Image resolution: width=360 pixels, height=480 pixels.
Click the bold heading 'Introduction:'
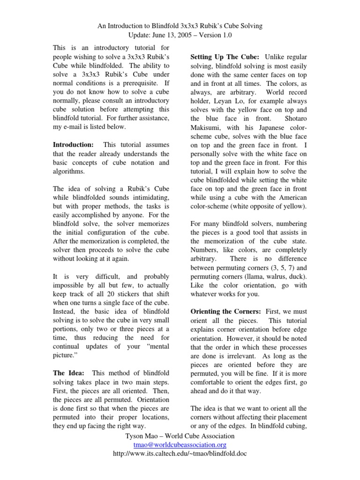click(x=74, y=145)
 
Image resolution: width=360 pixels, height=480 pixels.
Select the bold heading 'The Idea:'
click(x=69, y=373)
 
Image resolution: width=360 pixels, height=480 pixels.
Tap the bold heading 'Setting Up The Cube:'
click(x=222, y=57)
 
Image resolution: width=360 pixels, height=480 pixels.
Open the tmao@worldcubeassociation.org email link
click(x=180, y=445)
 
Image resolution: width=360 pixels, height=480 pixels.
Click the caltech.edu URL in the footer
click(x=180, y=454)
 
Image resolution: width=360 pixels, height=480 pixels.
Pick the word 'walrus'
click(x=276, y=276)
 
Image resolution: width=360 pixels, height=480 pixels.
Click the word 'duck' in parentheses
click(x=298, y=276)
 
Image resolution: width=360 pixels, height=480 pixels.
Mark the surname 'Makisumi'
click(x=207, y=128)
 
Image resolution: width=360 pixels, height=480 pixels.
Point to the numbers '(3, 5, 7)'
click(x=274, y=267)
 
